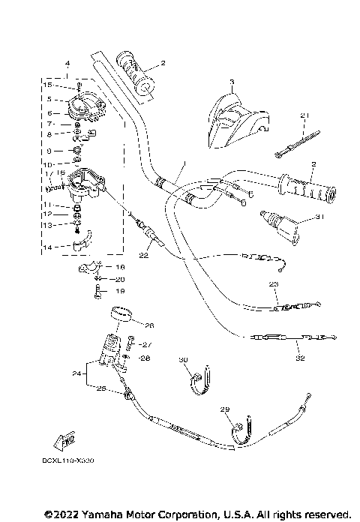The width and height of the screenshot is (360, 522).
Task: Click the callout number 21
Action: (304, 115)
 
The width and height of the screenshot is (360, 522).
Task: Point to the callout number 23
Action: (273, 284)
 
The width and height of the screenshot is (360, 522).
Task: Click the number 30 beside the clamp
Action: (183, 361)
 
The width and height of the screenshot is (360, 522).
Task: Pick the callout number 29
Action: (223, 409)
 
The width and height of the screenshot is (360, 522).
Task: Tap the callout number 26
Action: (148, 325)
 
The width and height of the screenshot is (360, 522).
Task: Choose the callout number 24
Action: (76, 373)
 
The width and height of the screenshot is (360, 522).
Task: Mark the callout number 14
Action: (46, 246)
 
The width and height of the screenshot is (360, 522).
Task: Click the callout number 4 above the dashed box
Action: (67, 63)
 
